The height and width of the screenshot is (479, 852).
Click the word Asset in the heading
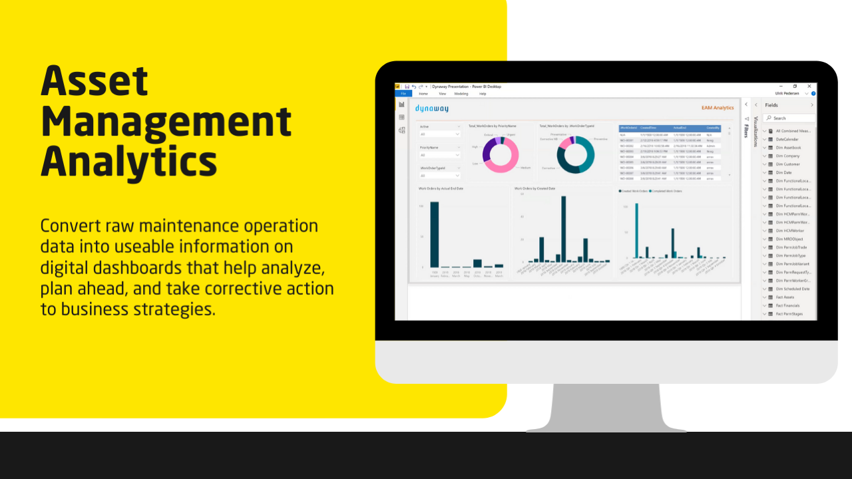coord(95,82)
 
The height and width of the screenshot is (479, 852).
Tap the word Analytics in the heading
coord(129,161)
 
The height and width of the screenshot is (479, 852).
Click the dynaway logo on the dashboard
coord(433,108)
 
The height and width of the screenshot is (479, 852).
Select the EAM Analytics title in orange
coord(718,108)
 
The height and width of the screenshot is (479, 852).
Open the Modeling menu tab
coord(461,94)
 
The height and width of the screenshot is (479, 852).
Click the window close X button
coord(809,86)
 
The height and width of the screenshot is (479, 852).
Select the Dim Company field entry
coord(787,156)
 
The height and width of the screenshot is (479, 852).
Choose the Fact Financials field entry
coord(789,305)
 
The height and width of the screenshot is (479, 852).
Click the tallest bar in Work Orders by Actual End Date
coord(434,234)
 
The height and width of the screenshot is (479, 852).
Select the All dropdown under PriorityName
coord(439,155)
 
